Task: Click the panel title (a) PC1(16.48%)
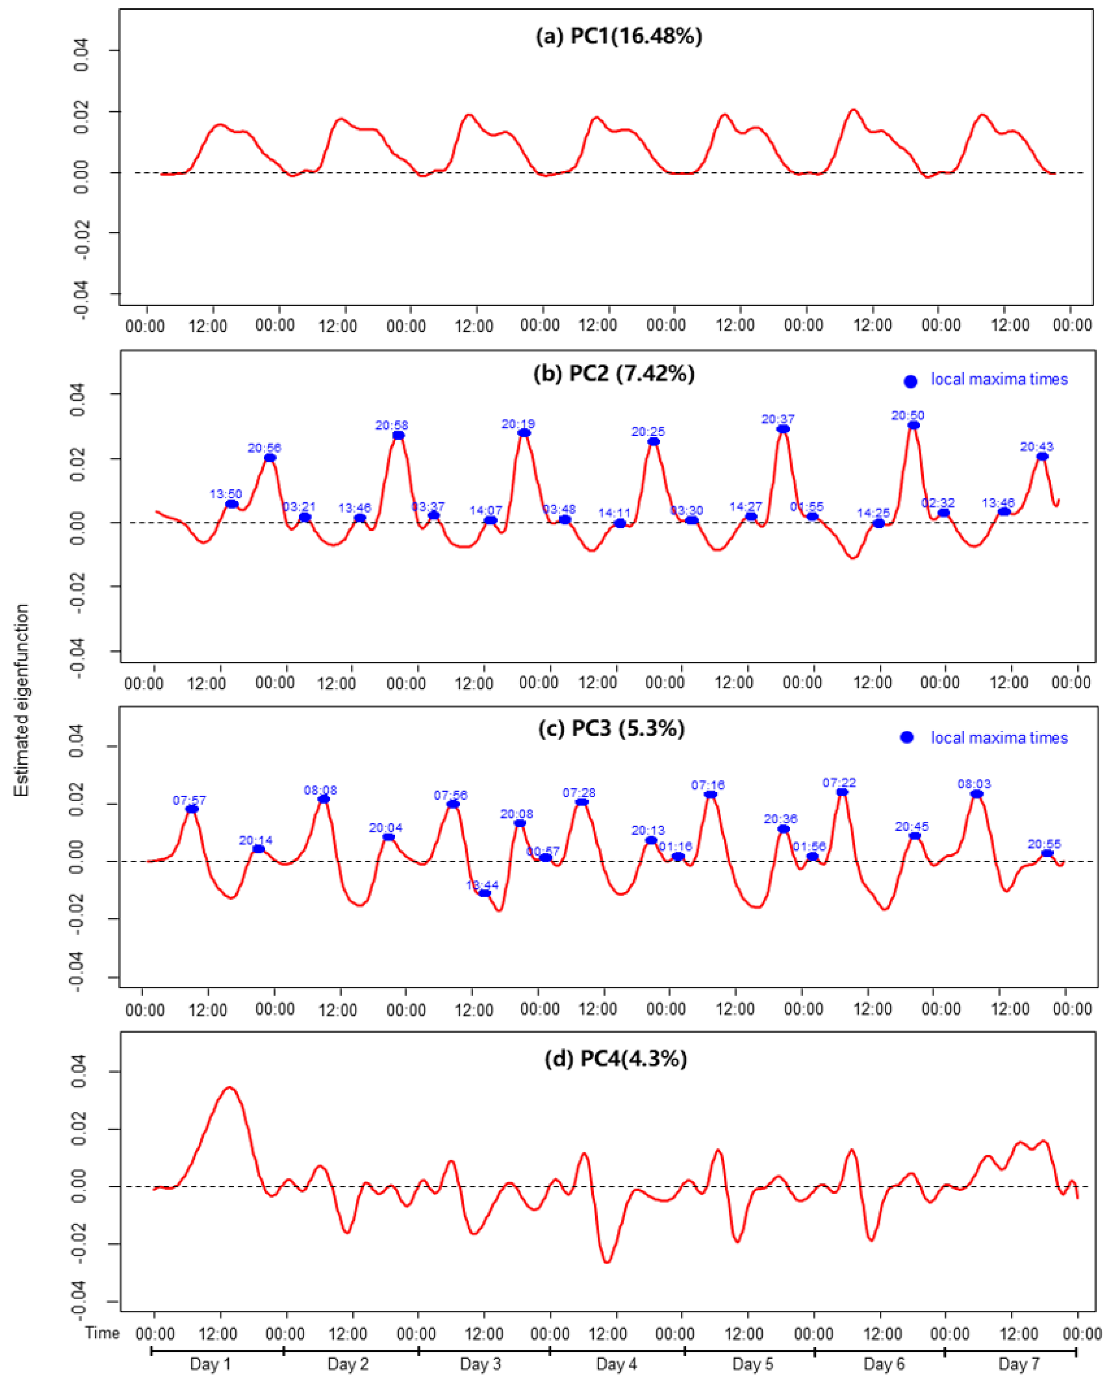(x=619, y=36)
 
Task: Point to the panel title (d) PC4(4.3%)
(x=615, y=1058)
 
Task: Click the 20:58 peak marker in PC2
(x=398, y=435)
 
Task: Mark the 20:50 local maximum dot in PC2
(x=913, y=425)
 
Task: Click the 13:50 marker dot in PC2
(x=231, y=504)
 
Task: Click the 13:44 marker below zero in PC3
(x=485, y=893)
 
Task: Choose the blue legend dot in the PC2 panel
(x=910, y=381)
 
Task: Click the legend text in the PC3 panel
(x=999, y=738)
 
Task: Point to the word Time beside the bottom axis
(x=103, y=1333)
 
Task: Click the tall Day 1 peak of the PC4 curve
(x=229, y=1087)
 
